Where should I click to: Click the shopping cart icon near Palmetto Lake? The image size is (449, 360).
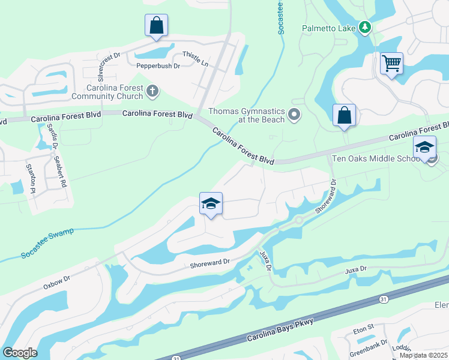[391, 63]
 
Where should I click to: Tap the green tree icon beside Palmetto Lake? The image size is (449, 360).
[364, 28]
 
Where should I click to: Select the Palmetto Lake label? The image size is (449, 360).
[328, 28]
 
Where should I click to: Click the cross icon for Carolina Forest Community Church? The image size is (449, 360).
[153, 91]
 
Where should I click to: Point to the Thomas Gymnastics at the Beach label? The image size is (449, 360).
[246, 114]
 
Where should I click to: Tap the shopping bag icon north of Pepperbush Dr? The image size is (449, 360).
[156, 26]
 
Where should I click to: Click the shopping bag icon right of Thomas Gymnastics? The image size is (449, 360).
[344, 115]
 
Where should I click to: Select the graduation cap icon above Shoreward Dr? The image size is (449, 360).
[211, 204]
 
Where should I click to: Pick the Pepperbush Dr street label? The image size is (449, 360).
[158, 65]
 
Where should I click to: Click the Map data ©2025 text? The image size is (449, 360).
[424, 355]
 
